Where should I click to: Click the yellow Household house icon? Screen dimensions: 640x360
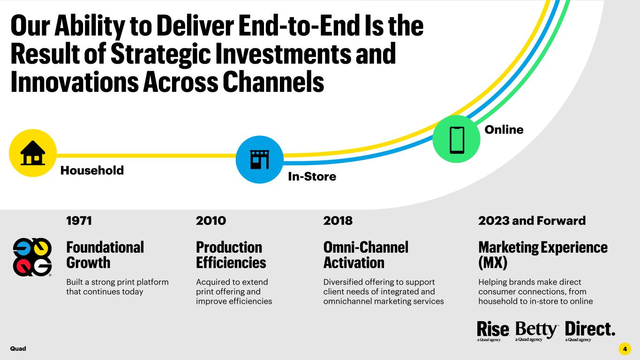click(33, 153)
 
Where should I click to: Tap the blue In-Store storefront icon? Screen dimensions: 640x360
click(259, 159)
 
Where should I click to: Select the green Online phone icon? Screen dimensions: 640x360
click(456, 139)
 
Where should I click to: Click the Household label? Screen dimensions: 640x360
click(92, 171)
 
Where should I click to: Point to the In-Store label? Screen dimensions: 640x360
click(312, 177)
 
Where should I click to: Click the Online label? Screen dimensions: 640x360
click(504, 130)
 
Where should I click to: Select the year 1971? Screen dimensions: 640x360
click(79, 221)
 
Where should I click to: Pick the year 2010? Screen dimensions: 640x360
click(211, 221)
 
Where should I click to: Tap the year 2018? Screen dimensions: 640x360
click(338, 221)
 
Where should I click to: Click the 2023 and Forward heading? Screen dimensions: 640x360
click(532, 221)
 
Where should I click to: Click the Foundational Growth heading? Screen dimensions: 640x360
click(105, 255)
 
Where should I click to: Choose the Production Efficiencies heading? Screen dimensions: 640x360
click(231, 255)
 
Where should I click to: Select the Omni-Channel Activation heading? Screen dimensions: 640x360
click(366, 255)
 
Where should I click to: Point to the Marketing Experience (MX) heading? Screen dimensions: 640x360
click(543, 255)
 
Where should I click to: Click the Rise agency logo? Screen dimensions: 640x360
click(493, 331)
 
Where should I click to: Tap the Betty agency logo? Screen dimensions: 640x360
click(536, 331)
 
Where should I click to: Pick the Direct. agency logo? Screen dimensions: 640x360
click(590, 331)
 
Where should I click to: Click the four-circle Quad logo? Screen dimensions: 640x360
click(32, 257)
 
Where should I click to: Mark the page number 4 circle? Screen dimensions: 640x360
click(625, 349)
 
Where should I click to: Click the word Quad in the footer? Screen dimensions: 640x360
click(18, 349)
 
